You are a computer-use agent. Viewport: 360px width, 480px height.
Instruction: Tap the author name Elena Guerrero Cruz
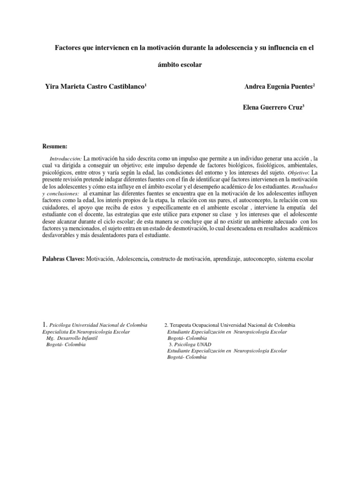coord(270,107)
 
